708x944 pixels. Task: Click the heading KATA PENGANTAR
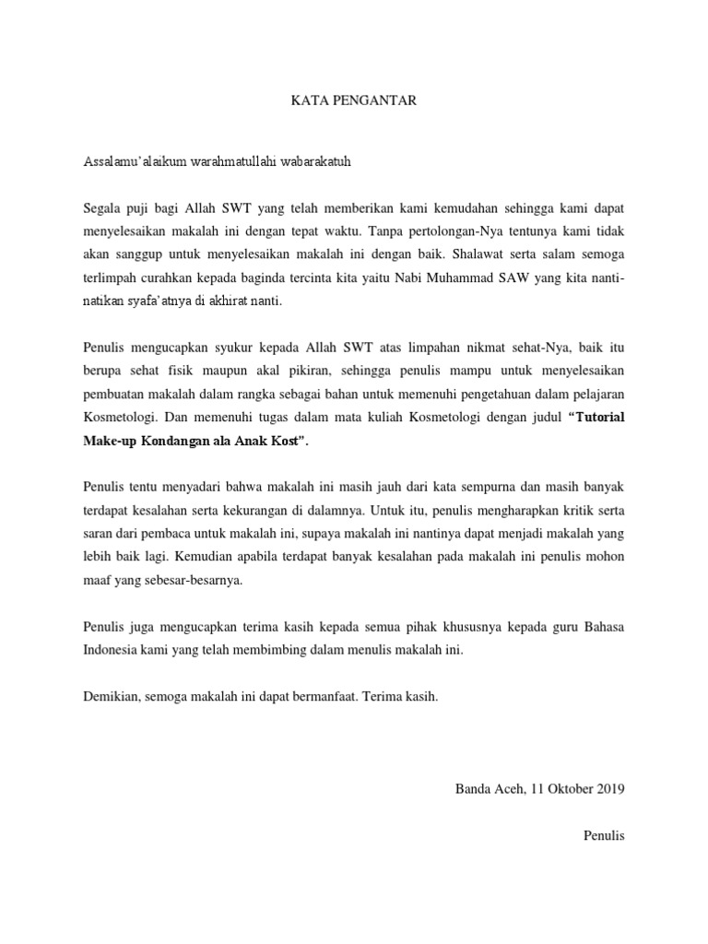click(354, 100)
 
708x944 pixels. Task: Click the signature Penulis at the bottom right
click(605, 836)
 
